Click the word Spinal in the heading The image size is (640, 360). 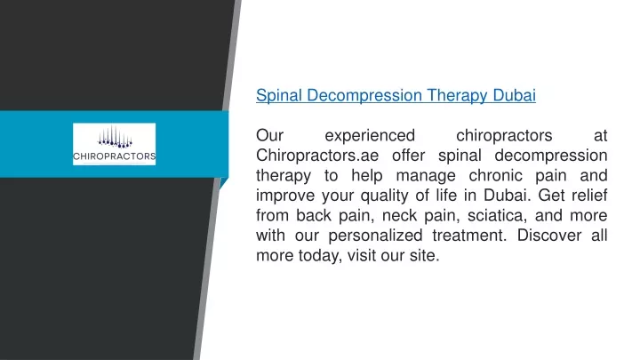pos(279,95)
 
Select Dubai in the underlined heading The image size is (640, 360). pos(515,95)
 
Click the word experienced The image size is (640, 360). pos(370,136)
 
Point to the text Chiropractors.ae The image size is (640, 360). pos(317,156)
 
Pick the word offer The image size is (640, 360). pos(409,156)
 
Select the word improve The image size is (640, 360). pos(284,196)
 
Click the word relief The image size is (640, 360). pos(589,195)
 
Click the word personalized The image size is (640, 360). pos(375,236)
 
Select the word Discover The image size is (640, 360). pos(549,236)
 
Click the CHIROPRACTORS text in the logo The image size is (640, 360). pos(115,156)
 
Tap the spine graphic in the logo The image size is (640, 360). pos(115,136)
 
